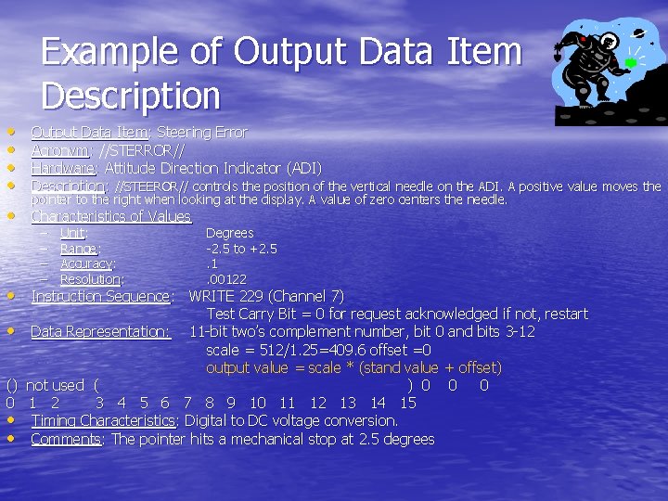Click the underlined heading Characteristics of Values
coord(110,216)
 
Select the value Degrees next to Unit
coord(229,233)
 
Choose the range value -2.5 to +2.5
coord(241,249)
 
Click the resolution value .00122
coord(226,279)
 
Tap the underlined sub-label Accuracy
coord(86,263)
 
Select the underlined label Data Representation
coord(99,331)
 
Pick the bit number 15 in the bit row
coord(407,403)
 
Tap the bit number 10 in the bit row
coord(258,403)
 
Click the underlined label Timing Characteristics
coord(102,420)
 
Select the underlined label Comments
coord(67,439)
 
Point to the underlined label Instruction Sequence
coord(101,297)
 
